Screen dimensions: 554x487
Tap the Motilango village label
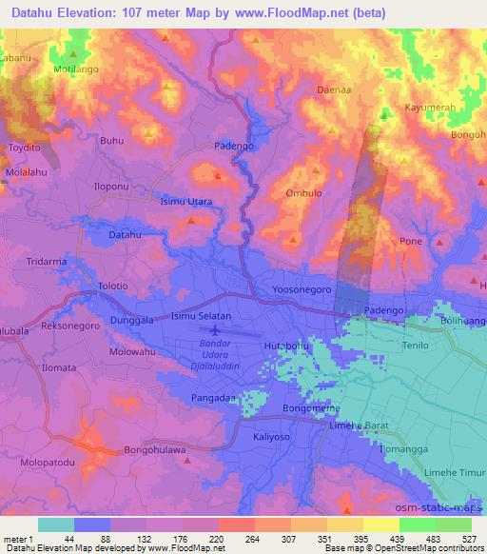77,69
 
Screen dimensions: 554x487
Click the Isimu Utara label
185,202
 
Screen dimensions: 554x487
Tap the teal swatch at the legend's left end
55,524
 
